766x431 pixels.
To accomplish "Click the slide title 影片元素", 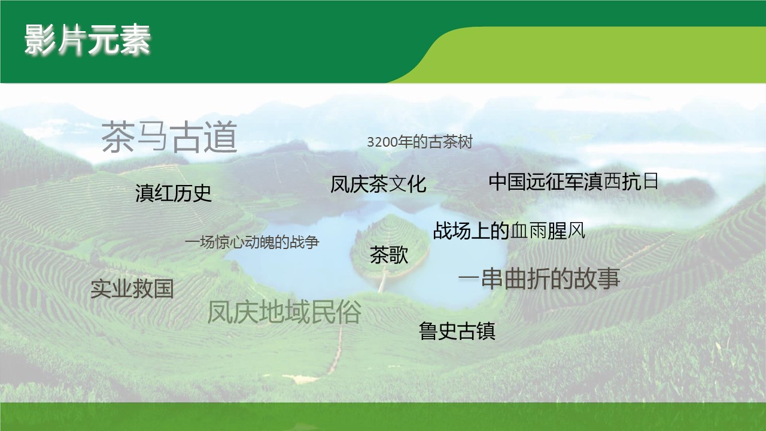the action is [87, 40].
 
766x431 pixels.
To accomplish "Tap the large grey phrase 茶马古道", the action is [169, 138].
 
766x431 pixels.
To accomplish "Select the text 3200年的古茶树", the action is [420, 142].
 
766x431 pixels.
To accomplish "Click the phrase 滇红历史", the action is [174, 193].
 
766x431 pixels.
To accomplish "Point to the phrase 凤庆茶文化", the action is [378, 184].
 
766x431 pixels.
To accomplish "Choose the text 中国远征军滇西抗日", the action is [573, 181].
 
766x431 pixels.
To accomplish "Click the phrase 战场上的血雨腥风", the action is [509, 230].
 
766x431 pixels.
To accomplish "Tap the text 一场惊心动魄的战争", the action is [252, 242].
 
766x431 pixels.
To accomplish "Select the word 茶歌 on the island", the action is [389, 255].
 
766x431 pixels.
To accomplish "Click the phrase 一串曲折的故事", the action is [539, 279].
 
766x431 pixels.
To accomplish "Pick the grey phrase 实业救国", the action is [132, 289].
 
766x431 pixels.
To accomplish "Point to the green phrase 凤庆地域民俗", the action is [284, 312].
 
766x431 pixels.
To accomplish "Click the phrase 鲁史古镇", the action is [457, 331].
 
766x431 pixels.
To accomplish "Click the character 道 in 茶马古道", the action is [221, 138].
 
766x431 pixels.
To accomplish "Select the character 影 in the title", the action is [40, 40].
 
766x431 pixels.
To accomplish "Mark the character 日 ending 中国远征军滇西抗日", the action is [651, 181].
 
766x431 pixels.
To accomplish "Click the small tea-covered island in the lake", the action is [390, 246].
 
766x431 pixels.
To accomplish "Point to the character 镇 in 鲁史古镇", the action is [486, 331].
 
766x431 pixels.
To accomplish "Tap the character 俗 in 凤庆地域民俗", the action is [348, 312].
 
